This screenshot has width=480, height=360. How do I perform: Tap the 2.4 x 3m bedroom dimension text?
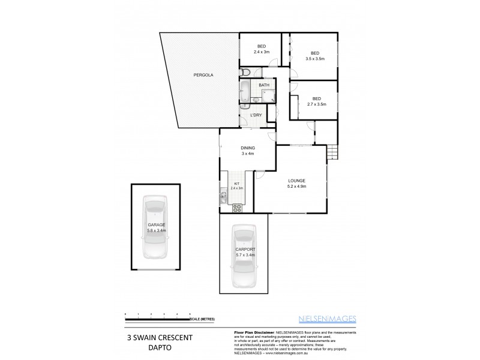coord(261,52)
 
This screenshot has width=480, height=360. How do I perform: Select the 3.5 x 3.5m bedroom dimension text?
coord(314,59)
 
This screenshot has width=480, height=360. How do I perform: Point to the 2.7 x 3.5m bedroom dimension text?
coord(316,104)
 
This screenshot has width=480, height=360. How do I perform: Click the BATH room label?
coord(264,85)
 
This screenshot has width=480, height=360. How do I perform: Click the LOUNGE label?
coord(296,181)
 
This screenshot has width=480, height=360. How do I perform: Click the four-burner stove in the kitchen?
coord(237,208)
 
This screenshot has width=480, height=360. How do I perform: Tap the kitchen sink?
coord(223,195)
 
